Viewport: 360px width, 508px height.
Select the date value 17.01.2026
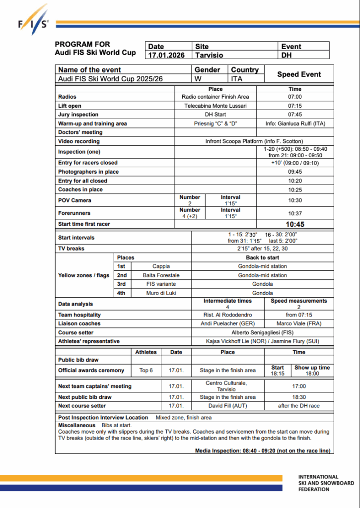tap(166, 56)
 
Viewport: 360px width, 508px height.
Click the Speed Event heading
tap(299, 74)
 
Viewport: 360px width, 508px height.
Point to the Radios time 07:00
tap(295, 97)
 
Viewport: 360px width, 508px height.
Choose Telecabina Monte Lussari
tap(216, 106)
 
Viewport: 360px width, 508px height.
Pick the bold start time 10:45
tap(295, 224)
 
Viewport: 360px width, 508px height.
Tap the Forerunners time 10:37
tap(295, 213)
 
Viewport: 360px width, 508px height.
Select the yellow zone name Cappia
tap(161, 266)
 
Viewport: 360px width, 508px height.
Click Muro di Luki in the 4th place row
tap(161, 293)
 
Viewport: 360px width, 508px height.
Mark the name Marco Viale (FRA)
tap(298, 323)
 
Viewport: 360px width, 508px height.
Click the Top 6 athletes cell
tap(146, 370)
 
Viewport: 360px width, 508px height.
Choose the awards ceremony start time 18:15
tap(278, 374)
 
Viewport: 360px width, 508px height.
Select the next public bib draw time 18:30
tap(299, 397)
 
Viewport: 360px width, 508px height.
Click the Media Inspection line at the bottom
tap(263, 450)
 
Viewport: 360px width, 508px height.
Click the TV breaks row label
tap(72, 249)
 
